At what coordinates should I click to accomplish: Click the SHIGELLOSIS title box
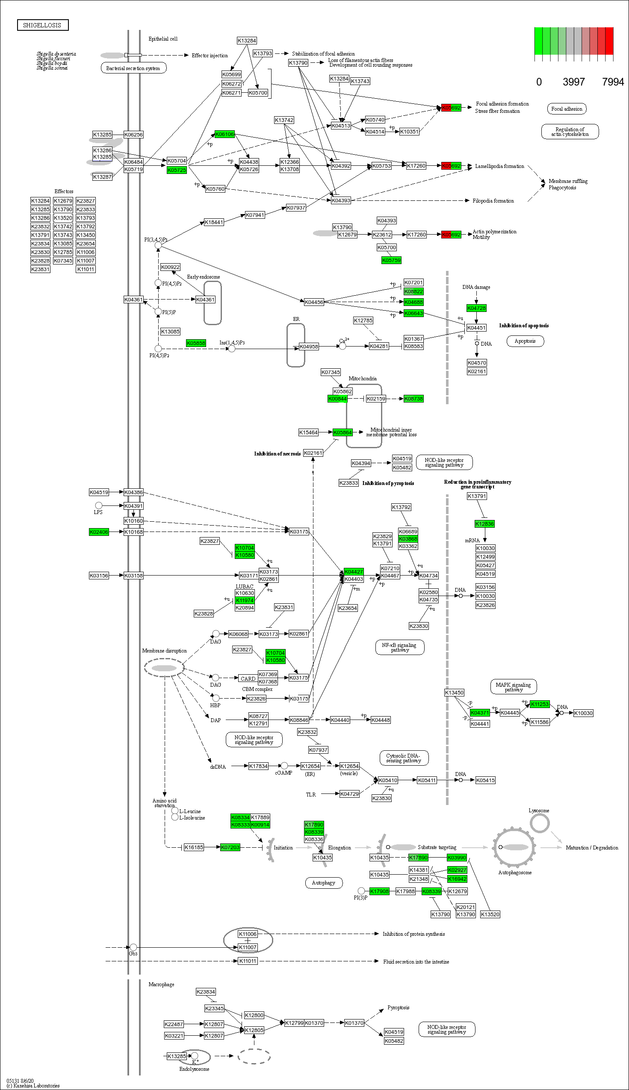coord(42,25)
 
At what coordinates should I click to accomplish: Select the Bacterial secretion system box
coord(133,68)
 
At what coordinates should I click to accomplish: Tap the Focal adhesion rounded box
coord(567,109)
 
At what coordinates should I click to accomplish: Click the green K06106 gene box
coord(224,134)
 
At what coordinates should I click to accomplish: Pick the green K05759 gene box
coord(391,260)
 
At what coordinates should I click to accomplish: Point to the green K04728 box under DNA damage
coord(476,308)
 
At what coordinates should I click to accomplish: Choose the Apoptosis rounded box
coord(525,341)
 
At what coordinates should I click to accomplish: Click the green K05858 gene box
coord(196,343)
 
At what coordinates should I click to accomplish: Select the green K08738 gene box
coord(413,399)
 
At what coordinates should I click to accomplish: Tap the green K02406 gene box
coord(98,532)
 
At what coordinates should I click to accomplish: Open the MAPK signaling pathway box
coord(513,687)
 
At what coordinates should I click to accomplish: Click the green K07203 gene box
coord(230,847)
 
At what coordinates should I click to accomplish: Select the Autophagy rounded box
coord(324,883)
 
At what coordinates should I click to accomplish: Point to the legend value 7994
coord(613,82)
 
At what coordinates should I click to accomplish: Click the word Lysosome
coord(539,810)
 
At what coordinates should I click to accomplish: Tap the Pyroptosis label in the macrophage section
coord(398,1008)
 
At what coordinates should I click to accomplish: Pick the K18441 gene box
coord(214,222)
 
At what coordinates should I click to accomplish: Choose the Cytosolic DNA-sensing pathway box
coord(404,758)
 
